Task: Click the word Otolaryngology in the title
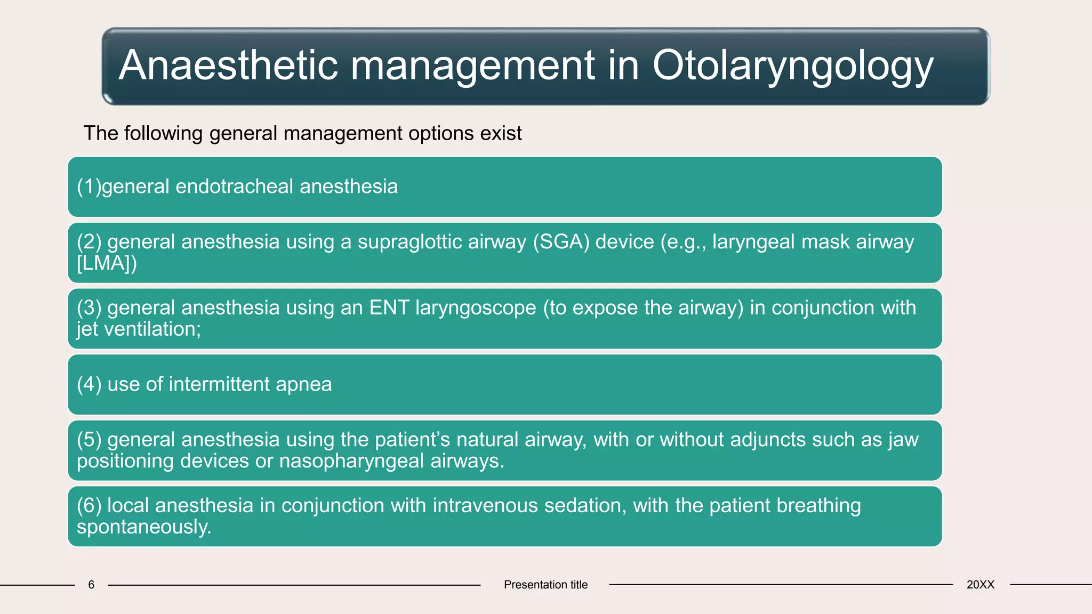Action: pyautogui.click(x=792, y=66)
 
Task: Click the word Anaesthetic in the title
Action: pyautogui.click(x=228, y=66)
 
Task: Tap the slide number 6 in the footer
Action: pyautogui.click(x=91, y=585)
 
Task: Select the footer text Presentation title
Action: pyautogui.click(x=545, y=585)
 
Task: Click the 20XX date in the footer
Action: pyautogui.click(x=980, y=585)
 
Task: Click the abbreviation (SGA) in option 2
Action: pyautogui.click(x=561, y=242)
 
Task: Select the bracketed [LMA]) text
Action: pyautogui.click(x=107, y=263)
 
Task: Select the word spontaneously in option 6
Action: pyautogui.click(x=144, y=527)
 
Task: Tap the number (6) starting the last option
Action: pyautogui.click(x=89, y=506)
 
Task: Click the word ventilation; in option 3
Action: pyautogui.click(x=152, y=329)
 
